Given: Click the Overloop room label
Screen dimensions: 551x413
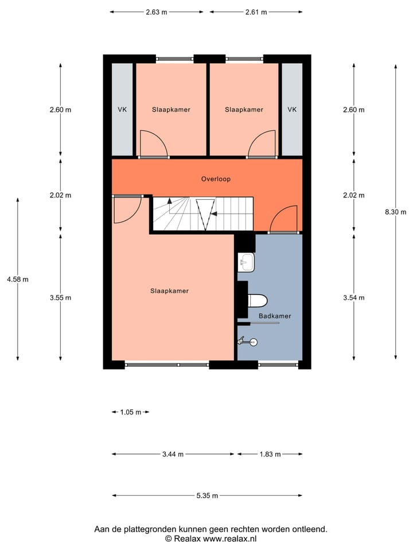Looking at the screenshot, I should click(216, 179).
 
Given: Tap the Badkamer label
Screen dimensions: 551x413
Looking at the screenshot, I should click(275, 316).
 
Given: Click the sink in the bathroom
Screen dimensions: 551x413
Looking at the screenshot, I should click(247, 263).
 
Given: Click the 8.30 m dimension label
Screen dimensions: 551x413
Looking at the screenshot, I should click(395, 212).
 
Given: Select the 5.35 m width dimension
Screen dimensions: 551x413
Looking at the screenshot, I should click(207, 496).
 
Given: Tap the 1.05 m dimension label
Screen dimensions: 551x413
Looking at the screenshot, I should click(130, 412).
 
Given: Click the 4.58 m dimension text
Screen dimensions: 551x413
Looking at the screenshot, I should click(17, 280).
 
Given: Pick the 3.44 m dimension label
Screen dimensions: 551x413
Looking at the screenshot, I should click(173, 455).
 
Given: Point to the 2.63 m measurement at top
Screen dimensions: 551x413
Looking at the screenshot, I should click(157, 12).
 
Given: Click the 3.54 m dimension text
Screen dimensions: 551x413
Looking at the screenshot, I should click(353, 297).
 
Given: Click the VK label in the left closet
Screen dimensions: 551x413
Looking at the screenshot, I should click(122, 110).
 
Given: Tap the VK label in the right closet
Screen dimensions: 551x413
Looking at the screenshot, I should click(292, 110).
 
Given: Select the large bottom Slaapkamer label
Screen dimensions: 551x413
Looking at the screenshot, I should click(169, 291).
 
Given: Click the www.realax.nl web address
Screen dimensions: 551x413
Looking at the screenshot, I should click(230, 538).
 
